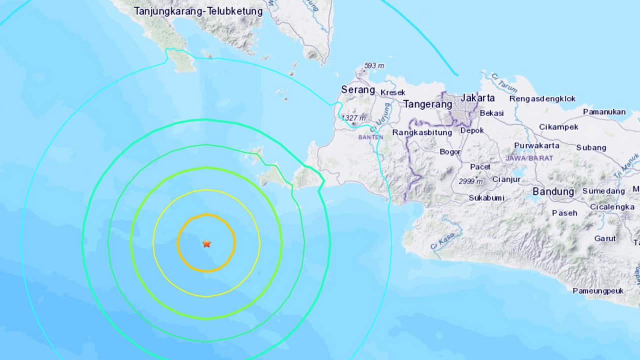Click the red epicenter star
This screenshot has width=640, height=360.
(x=206, y=243)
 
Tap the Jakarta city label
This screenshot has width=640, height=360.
(x=477, y=98)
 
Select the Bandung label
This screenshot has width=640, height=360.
(x=553, y=191)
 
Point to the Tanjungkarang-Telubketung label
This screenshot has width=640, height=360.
(x=198, y=11)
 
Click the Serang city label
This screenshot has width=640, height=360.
(x=358, y=90)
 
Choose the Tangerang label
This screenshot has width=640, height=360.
(x=427, y=104)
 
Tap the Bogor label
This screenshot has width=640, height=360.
(x=450, y=152)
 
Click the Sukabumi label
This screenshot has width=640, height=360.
(x=486, y=198)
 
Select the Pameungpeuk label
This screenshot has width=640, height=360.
(x=598, y=291)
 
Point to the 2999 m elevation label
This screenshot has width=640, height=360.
(x=471, y=181)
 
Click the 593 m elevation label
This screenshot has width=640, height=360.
(x=374, y=66)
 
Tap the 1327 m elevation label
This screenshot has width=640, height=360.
(x=354, y=118)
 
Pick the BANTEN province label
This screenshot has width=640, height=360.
(x=370, y=137)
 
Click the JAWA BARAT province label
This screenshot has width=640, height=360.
(x=529, y=158)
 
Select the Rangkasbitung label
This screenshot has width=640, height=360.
(x=422, y=132)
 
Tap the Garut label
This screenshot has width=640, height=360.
(x=605, y=238)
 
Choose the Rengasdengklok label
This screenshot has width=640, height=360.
(x=542, y=98)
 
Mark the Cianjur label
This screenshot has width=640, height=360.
(x=506, y=179)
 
